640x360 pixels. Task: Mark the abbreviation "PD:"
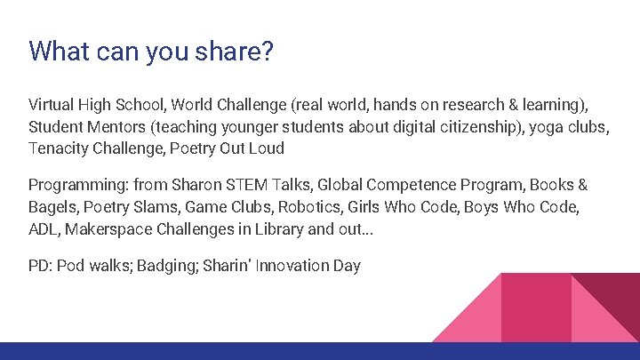(x=40, y=267)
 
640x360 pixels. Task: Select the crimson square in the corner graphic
(x=536, y=308)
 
